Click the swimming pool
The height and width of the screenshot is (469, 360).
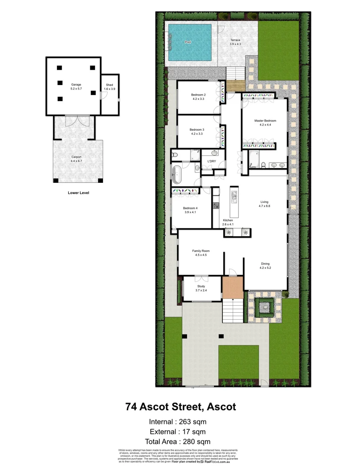tap(190, 42)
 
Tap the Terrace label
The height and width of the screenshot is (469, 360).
tap(235, 40)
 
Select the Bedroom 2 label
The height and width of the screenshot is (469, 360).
tap(198, 95)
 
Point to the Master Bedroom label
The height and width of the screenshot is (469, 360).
tap(265, 121)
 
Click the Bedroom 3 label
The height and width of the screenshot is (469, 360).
tap(197, 129)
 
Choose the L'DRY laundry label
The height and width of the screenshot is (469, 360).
tap(211, 162)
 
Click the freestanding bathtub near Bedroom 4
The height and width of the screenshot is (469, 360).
tap(177, 174)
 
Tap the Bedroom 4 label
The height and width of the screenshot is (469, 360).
tap(190, 208)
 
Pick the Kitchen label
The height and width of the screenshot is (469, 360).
tap(228, 221)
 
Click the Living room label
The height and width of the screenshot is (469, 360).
tap(264, 202)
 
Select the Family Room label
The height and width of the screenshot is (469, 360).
tap(201, 251)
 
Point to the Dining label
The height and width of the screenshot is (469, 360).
tap(265, 264)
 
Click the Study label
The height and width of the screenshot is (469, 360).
tap(201, 287)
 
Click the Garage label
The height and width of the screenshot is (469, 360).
tap(76, 84)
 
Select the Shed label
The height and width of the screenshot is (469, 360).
tap(109, 85)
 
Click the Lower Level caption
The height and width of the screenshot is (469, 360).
tap(78, 193)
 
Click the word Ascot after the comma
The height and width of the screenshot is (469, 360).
tap(221, 407)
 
